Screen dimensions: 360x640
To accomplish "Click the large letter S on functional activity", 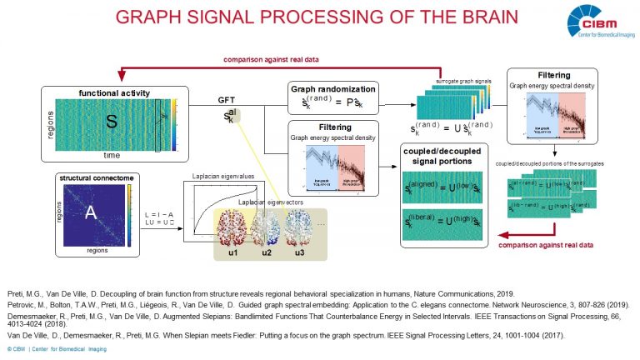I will [110, 122].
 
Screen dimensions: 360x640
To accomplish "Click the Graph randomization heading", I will [332, 87].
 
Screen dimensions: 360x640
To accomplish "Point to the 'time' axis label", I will [111, 156].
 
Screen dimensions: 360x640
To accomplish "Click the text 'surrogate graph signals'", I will [463, 82].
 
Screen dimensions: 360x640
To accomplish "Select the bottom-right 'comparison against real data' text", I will [547, 246].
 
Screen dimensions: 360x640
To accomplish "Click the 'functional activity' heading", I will [112, 91].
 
